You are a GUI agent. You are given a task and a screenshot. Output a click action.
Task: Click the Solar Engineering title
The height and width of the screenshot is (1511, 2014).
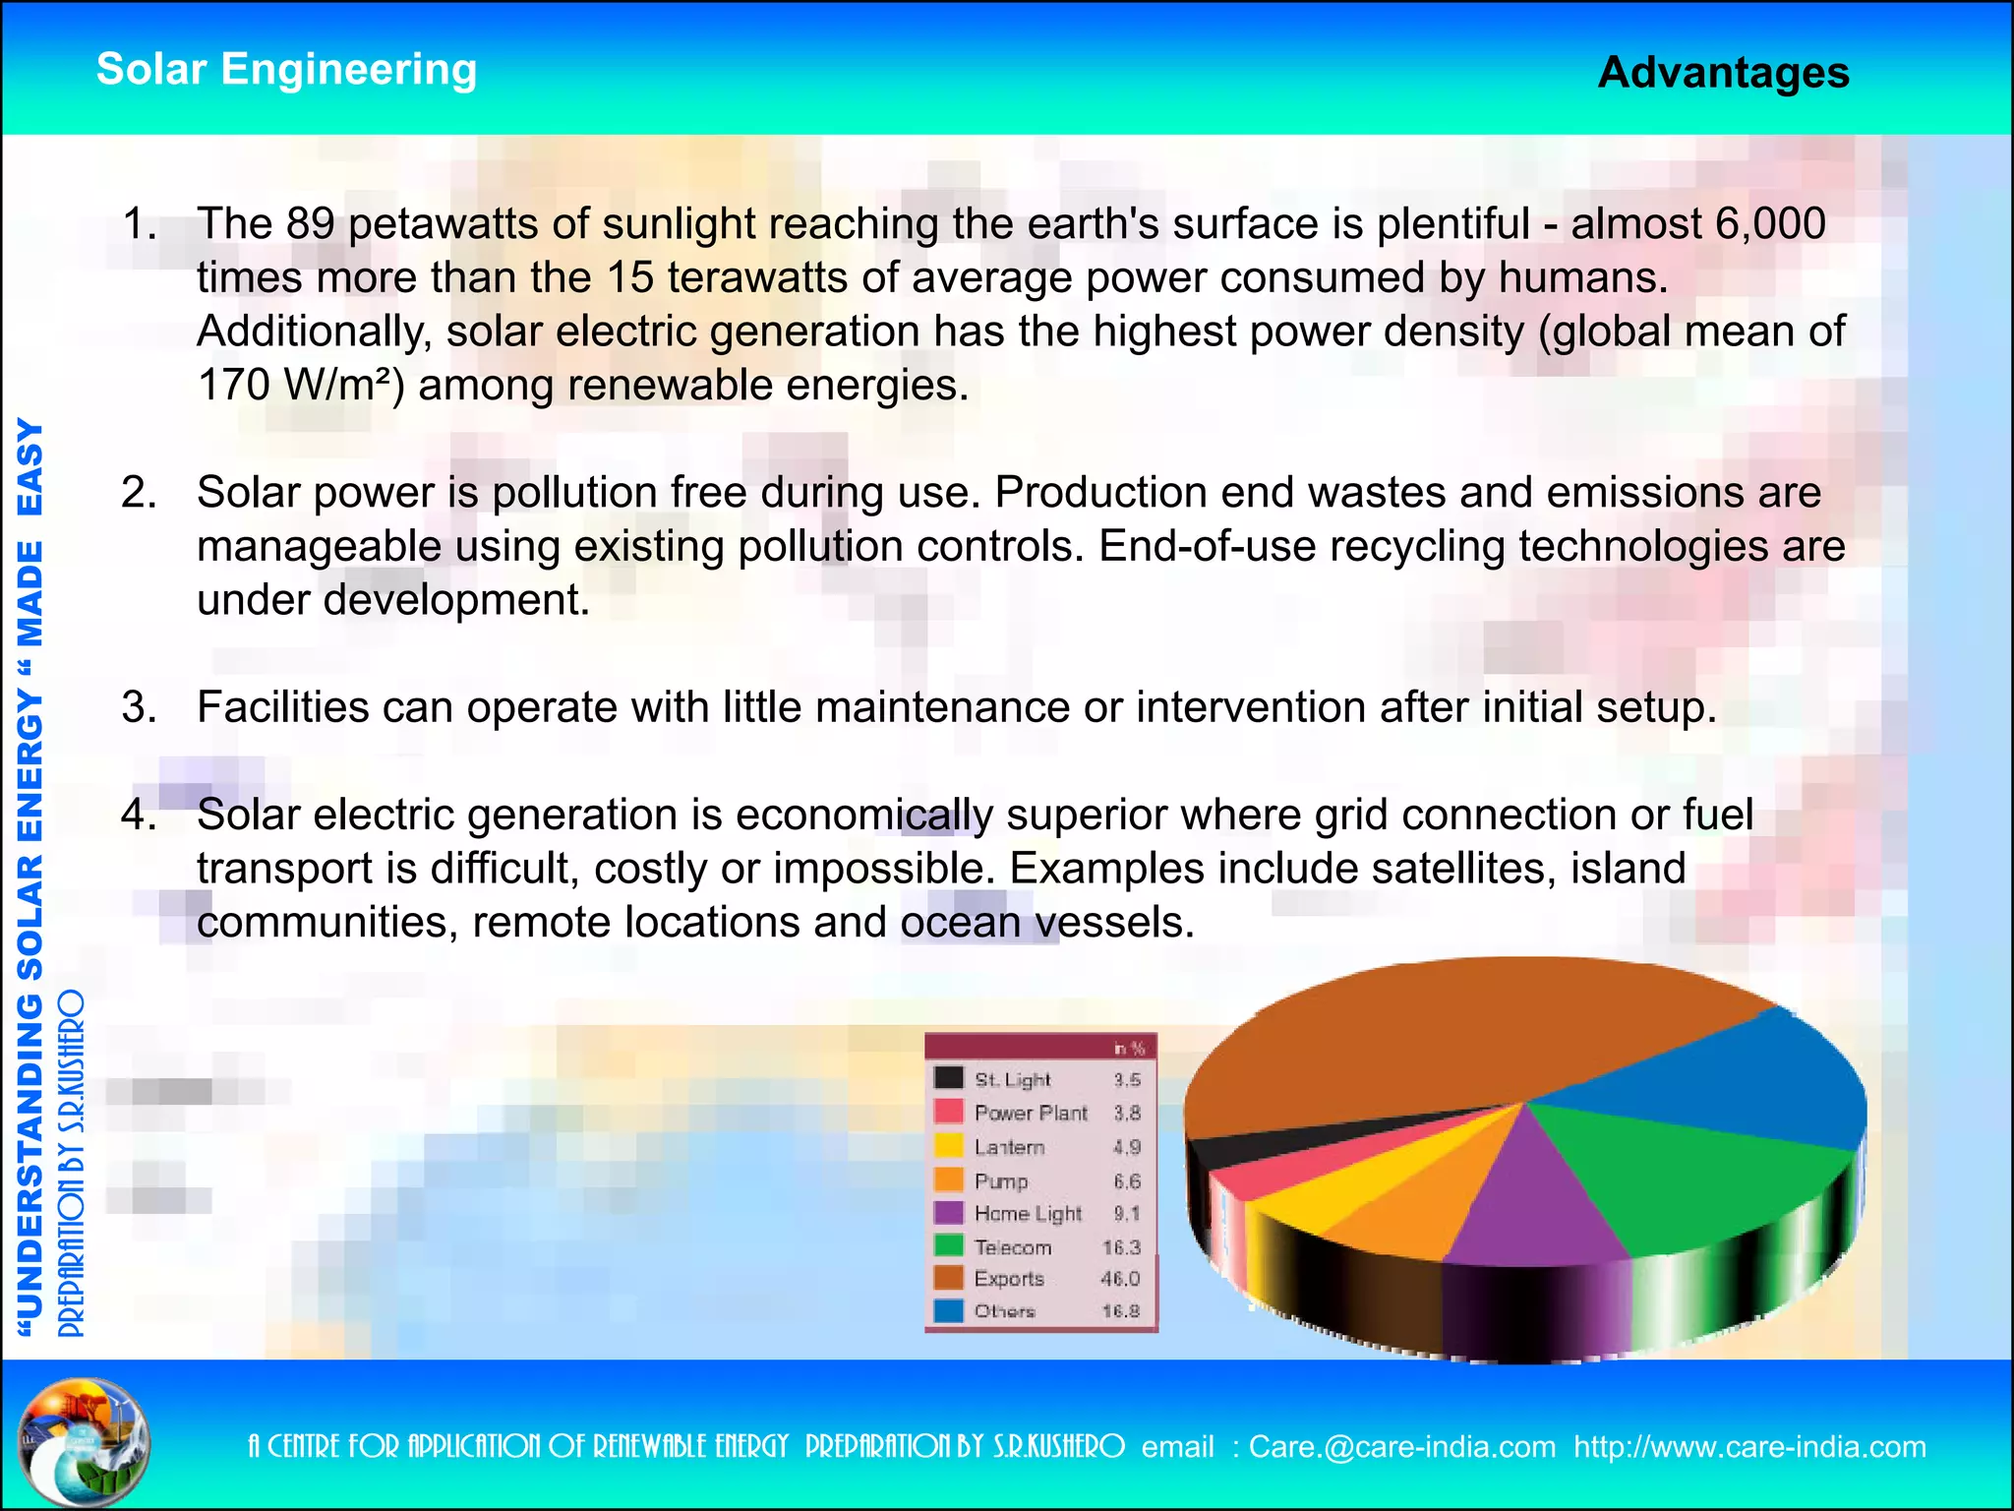click(286, 70)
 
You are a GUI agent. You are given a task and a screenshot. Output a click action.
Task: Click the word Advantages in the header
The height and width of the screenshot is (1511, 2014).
click(1723, 73)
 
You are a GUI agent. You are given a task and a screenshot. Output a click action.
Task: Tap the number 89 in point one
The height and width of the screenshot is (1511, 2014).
click(311, 224)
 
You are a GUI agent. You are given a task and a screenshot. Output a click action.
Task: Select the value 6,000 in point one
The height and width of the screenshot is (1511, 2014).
click(1770, 224)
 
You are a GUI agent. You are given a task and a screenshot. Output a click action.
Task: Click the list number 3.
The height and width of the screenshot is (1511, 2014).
click(139, 707)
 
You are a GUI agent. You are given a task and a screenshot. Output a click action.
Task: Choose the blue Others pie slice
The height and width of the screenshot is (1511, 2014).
click(1731, 1082)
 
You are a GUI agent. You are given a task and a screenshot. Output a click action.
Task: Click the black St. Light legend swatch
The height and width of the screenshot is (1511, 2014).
click(948, 1078)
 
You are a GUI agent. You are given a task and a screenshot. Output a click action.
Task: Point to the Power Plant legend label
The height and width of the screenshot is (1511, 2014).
click(1030, 1114)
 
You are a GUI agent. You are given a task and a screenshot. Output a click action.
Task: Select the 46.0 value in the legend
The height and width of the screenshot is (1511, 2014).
click(1120, 1279)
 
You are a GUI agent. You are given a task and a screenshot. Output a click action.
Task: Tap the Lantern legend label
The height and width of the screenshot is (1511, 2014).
click(1009, 1148)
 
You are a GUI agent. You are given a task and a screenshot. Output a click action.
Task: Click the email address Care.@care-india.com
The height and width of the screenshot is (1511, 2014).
click(1401, 1447)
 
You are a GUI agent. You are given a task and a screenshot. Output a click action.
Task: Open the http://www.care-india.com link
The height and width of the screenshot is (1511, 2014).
click(1748, 1447)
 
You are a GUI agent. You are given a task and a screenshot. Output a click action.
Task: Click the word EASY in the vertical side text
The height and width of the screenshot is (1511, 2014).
click(31, 467)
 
